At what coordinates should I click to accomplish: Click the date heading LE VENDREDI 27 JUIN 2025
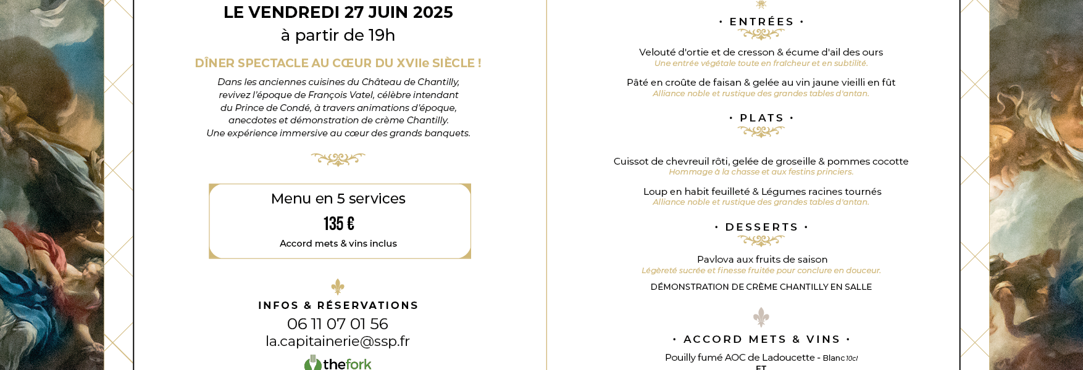(x=338, y=12)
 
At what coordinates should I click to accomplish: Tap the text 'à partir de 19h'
(x=338, y=35)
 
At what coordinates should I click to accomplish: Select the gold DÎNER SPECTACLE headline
(x=338, y=63)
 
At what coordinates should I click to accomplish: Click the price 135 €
(x=339, y=223)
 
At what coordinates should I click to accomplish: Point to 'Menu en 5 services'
(x=338, y=199)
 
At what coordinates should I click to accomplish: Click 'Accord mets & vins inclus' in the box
(x=338, y=244)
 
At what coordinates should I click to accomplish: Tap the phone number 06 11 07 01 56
(x=337, y=324)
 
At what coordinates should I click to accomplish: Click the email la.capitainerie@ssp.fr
(x=337, y=341)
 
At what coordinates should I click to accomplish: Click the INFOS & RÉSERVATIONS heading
(x=338, y=305)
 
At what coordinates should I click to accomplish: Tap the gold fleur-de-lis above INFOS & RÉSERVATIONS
(x=338, y=287)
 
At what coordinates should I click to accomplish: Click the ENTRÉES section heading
(x=761, y=22)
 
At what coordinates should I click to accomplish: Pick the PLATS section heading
(x=761, y=118)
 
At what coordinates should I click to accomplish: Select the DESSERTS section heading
(x=761, y=227)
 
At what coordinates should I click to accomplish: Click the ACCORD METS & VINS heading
(x=761, y=339)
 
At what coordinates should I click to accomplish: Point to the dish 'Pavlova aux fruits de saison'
(x=761, y=260)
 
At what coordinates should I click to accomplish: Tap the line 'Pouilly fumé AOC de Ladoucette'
(x=740, y=358)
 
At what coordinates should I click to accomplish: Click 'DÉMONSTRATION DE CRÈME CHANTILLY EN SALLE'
(x=761, y=287)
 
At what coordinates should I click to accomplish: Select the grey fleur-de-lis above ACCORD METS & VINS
(x=761, y=318)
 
